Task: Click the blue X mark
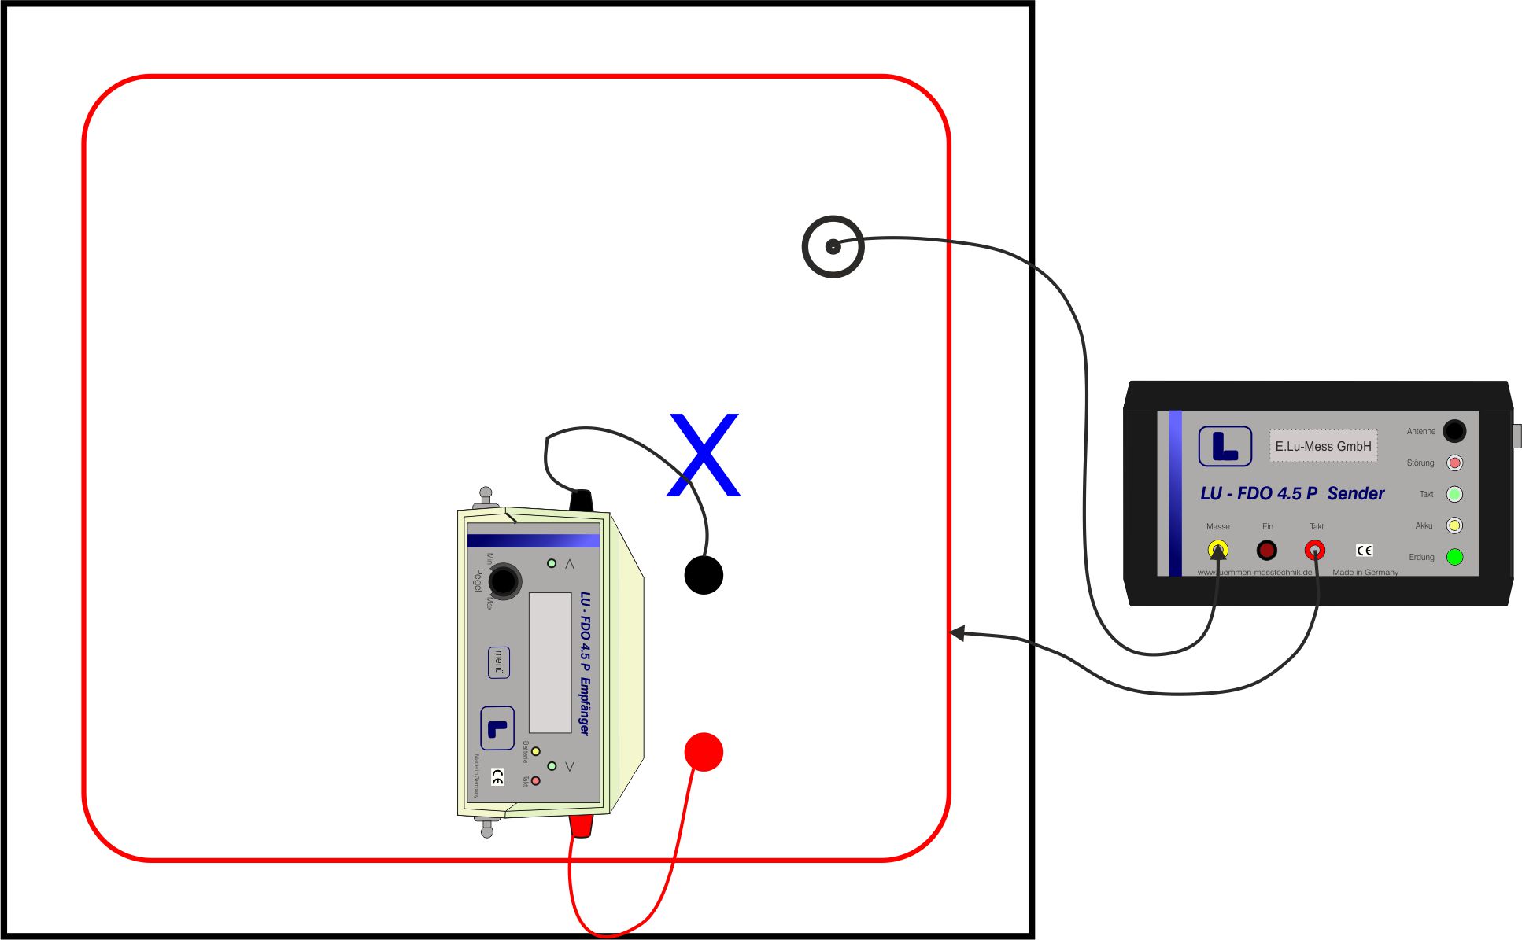click(704, 455)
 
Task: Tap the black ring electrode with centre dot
click(833, 246)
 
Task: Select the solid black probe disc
click(704, 575)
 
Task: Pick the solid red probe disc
click(704, 752)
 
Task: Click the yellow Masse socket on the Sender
click(1217, 550)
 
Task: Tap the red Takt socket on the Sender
click(1315, 550)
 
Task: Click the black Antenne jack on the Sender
click(1454, 431)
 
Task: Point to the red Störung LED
click(1454, 463)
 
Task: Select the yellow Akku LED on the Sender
click(1454, 525)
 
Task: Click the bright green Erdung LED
click(1454, 557)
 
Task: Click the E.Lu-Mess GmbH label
click(1323, 446)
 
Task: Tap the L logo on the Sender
click(1225, 446)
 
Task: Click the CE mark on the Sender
click(1365, 551)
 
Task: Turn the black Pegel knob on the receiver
click(504, 581)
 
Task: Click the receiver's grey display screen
click(550, 662)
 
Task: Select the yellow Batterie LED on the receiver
click(536, 751)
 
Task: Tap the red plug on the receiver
click(581, 825)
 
